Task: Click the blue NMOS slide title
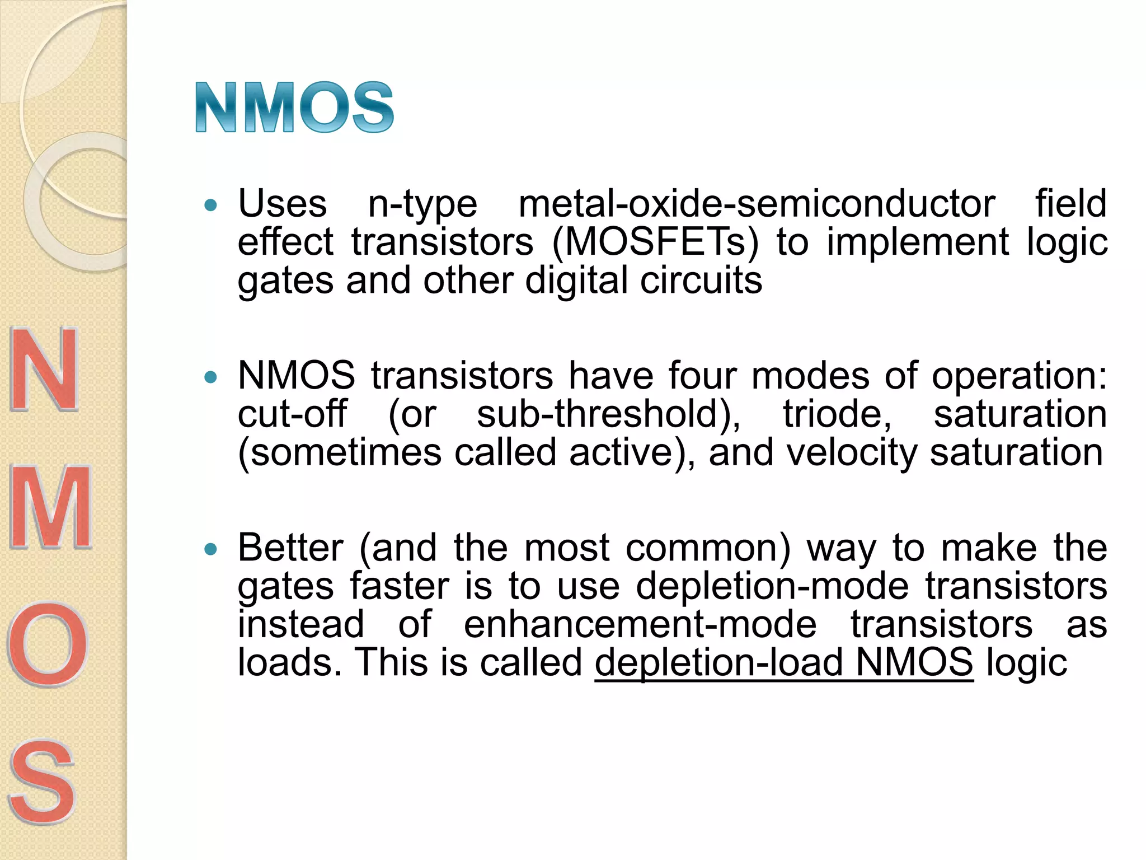coord(294,107)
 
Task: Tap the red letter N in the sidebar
coord(45,370)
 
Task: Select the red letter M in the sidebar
coord(50,507)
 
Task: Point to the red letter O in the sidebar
coord(48,644)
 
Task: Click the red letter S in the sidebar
coord(42,781)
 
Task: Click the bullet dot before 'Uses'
coord(210,205)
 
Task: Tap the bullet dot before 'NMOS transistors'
coord(210,377)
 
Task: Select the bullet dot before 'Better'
coord(210,549)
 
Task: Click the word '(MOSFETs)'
coord(655,242)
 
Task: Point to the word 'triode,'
coord(837,414)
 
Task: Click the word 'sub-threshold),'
coord(609,414)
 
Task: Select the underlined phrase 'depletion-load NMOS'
coord(783,663)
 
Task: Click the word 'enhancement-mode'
coord(640,624)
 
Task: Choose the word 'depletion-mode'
coord(772,586)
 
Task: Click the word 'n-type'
coord(422,205)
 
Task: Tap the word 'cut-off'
coord(292,414)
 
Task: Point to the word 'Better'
coord(290,548)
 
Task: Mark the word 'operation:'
coord(1019,376)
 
